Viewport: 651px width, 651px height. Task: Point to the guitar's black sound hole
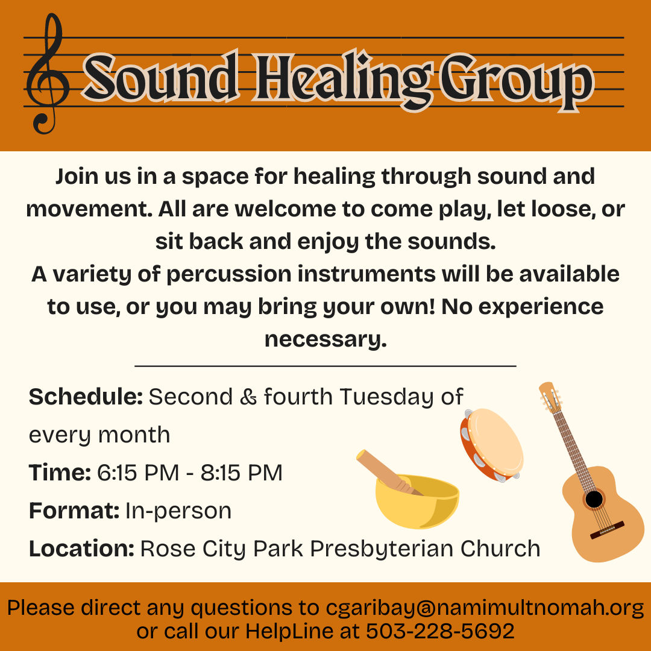point(594,499)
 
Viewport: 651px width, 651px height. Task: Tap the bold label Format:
point(74,511)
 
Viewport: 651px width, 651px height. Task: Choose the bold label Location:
point(81,549)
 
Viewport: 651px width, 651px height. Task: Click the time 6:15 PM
point(138,473)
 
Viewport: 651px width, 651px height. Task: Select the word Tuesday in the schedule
point(385,397)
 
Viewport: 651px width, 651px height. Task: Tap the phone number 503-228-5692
point(440,631)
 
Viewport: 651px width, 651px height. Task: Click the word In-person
point(178,511)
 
